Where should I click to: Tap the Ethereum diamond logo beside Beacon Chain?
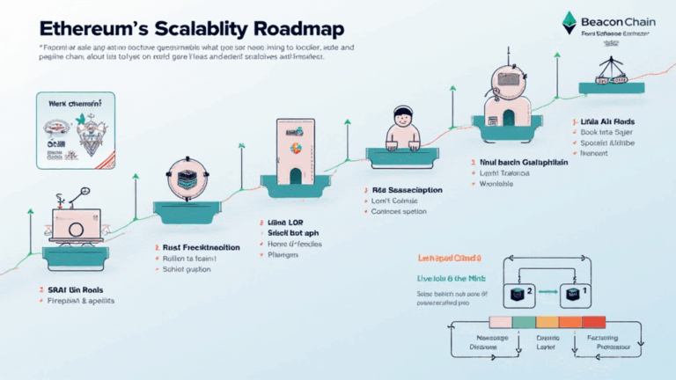pos(570,18)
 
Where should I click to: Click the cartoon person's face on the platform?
pos(403,121)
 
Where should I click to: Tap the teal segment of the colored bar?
pos(522,323)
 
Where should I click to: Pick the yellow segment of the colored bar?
pos(547,323)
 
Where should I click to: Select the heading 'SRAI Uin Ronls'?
pos(73,289)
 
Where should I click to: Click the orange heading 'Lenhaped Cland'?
pos(448,258)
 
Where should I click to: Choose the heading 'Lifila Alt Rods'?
pos(608,121)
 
